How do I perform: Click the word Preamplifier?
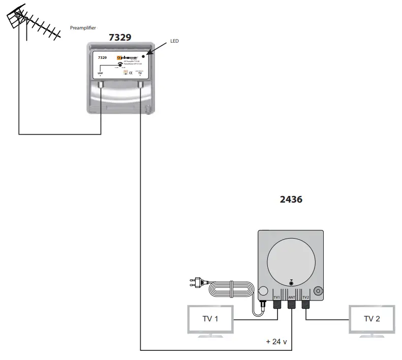click(83, 28)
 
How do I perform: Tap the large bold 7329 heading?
click(120, 38)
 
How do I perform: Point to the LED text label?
click(174, 41)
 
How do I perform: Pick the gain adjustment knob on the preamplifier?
click(119, 65)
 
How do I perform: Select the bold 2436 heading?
click(291, 200)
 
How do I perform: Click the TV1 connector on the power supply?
click(277, 304)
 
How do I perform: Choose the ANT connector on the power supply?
click(292, 304)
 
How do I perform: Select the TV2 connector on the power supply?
click(306, 304)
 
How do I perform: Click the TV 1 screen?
click(210, 319)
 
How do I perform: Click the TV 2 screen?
click(372, 319)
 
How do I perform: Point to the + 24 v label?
click(277, 342)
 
